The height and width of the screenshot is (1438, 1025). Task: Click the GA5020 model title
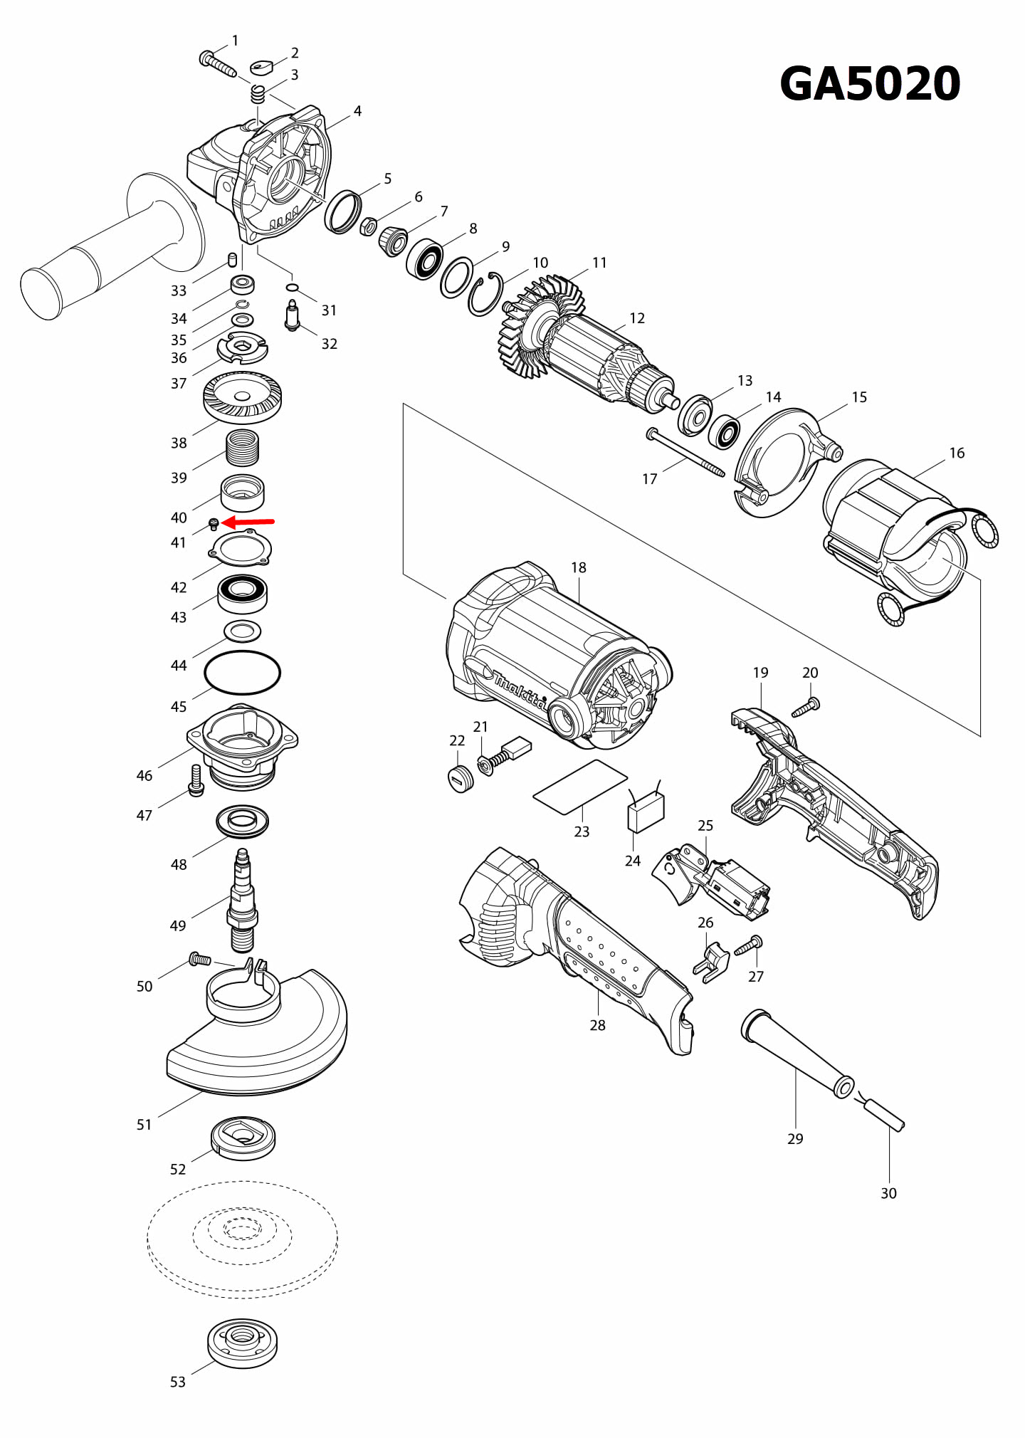coord(870,84)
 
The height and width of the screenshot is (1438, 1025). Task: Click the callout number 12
coord(637,318)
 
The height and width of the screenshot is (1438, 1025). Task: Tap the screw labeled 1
coord(217,63)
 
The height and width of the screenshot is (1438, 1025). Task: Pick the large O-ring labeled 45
coord(242,672)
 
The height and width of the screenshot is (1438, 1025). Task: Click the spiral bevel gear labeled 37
coord(242,397)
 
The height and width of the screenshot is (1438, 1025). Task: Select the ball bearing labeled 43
coord(242,593)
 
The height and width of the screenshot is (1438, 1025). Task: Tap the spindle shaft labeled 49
coord(242,901)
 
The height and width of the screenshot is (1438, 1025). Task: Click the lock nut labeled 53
coord(242,1343)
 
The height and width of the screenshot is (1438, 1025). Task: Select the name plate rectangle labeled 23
coord(580,787)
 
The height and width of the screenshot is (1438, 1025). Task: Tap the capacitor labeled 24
coord(646,812)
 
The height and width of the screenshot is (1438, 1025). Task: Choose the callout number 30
coord(888,1193)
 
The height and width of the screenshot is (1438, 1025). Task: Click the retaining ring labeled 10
coord(485,294)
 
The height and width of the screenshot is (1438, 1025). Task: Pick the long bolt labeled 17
coord(685,452)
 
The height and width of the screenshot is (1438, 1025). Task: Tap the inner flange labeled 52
coord(243,1137)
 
